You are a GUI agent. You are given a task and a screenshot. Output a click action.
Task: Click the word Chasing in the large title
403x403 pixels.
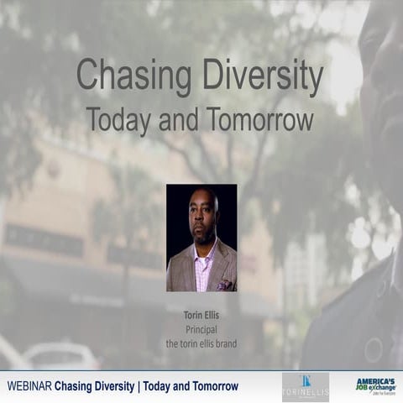[127, 77]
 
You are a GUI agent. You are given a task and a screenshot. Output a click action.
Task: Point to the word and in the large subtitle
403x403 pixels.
[180, 120]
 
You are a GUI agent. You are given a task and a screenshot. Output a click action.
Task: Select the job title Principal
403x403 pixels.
[201, 330]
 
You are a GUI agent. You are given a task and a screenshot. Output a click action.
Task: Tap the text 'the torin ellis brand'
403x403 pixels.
[201, 343]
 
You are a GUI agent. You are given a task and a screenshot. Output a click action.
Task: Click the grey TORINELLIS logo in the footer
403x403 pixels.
[305, 387]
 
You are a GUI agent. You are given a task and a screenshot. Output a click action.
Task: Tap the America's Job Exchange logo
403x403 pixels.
[374, 387]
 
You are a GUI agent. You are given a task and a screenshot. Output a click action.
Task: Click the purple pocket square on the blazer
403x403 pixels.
[224, 284]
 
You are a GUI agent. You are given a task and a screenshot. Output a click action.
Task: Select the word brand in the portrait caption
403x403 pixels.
[227, 343]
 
